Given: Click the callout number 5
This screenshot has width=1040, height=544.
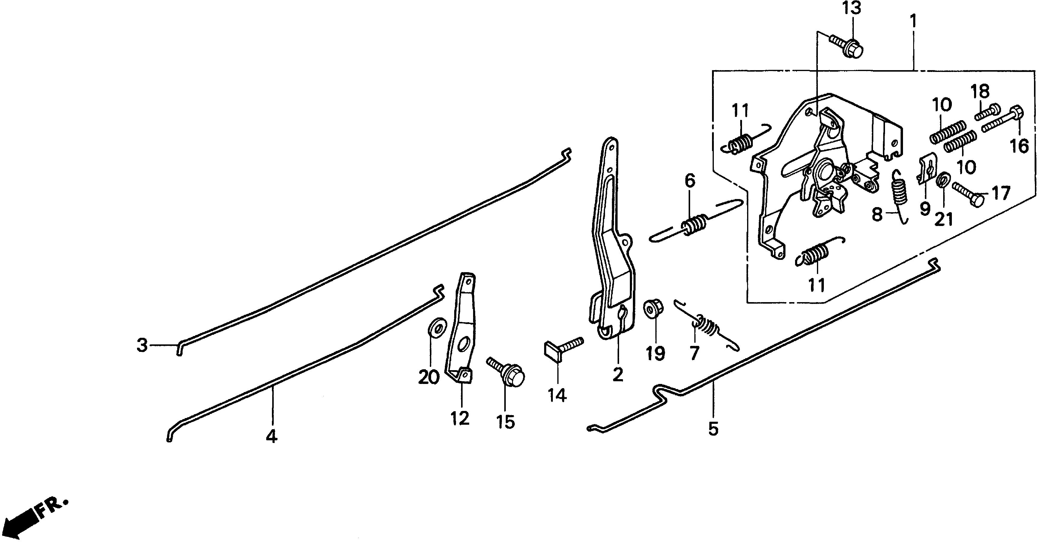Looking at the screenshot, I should click(x=714, y=429).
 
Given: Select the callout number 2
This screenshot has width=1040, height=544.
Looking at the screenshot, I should click(x=618, y=374).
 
